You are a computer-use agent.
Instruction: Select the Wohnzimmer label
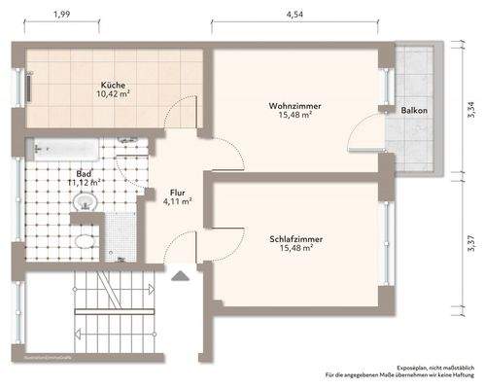tap(295, 105)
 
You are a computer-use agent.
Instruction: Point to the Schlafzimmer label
tap(297, 238)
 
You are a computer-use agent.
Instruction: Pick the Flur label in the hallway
tap(178, 193)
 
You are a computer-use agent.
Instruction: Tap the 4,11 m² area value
tap(178, 202)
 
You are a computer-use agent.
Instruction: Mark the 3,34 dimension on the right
tap(471, 111)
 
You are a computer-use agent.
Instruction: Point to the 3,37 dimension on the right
tap(471, 240)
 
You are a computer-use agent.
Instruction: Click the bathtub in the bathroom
tap(65, 151)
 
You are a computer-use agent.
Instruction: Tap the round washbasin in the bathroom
tap(87, 201)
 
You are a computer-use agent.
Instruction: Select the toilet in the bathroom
tap(85, 240)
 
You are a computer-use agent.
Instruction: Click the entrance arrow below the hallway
tap(179, 276)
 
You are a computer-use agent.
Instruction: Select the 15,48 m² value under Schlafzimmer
tap(297, 249)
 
